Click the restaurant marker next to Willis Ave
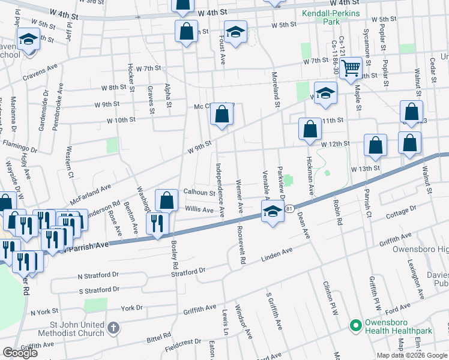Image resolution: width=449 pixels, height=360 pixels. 157,224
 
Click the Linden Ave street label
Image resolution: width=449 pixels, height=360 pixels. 277,255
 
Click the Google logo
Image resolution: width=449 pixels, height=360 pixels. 20,352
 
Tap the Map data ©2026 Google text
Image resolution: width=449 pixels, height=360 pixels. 411,355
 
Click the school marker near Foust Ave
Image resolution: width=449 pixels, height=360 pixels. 236,31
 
